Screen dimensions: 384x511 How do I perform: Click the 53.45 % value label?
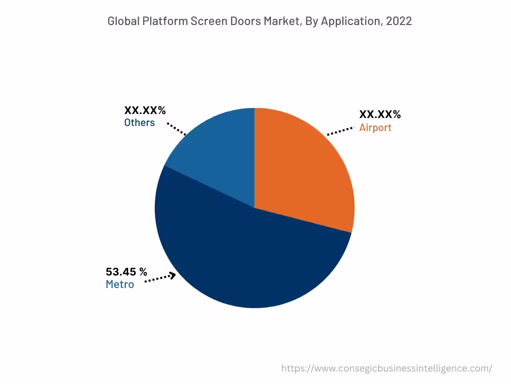coord(126,272)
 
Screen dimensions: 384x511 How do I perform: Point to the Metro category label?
coord(120,284)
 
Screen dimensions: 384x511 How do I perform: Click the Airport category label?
coord(375,127)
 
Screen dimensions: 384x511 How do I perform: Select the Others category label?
coord(139,122)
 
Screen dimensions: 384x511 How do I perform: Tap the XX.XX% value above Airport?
coord(380,114)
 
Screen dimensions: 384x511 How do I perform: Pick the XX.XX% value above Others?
coord(145,110)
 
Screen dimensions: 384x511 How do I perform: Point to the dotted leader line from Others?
coord(176,128)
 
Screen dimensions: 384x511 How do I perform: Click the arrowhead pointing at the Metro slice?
coord(172,275)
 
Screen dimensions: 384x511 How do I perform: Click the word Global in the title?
coord(124,21)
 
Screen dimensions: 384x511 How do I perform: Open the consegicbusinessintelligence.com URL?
coord(386,368)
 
